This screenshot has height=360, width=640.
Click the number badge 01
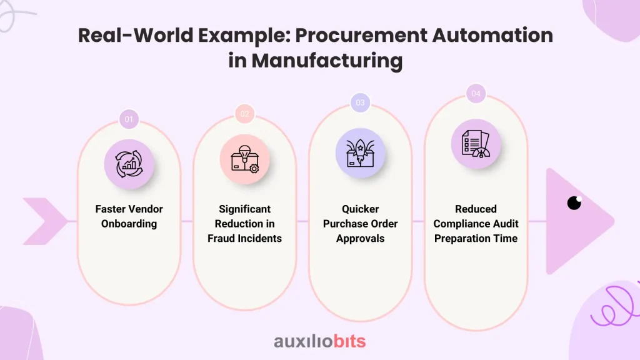click(129, 119)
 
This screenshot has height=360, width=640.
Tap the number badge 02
click(244, 114)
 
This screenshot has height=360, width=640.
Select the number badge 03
click(360, 102)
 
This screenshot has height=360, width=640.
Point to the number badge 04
click(476, 94)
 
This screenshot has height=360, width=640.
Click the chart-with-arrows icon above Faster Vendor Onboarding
click(129, 164)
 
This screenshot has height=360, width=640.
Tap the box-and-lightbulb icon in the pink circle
click(244, 159)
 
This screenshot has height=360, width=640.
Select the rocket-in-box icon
click(360, 153)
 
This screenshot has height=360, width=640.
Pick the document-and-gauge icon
click(476, 144)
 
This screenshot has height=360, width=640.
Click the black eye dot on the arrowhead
click(574, 203)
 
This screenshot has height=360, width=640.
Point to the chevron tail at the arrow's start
click(45, 221)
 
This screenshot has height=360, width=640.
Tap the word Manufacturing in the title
click(327, 61)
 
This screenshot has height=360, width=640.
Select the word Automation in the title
click(492, 35)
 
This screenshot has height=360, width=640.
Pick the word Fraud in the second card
click(220, 238)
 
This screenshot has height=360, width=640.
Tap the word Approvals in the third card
click(360, 239)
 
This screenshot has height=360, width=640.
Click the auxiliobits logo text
click(319, 341)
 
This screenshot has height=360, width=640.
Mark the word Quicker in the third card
click(360, 209)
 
